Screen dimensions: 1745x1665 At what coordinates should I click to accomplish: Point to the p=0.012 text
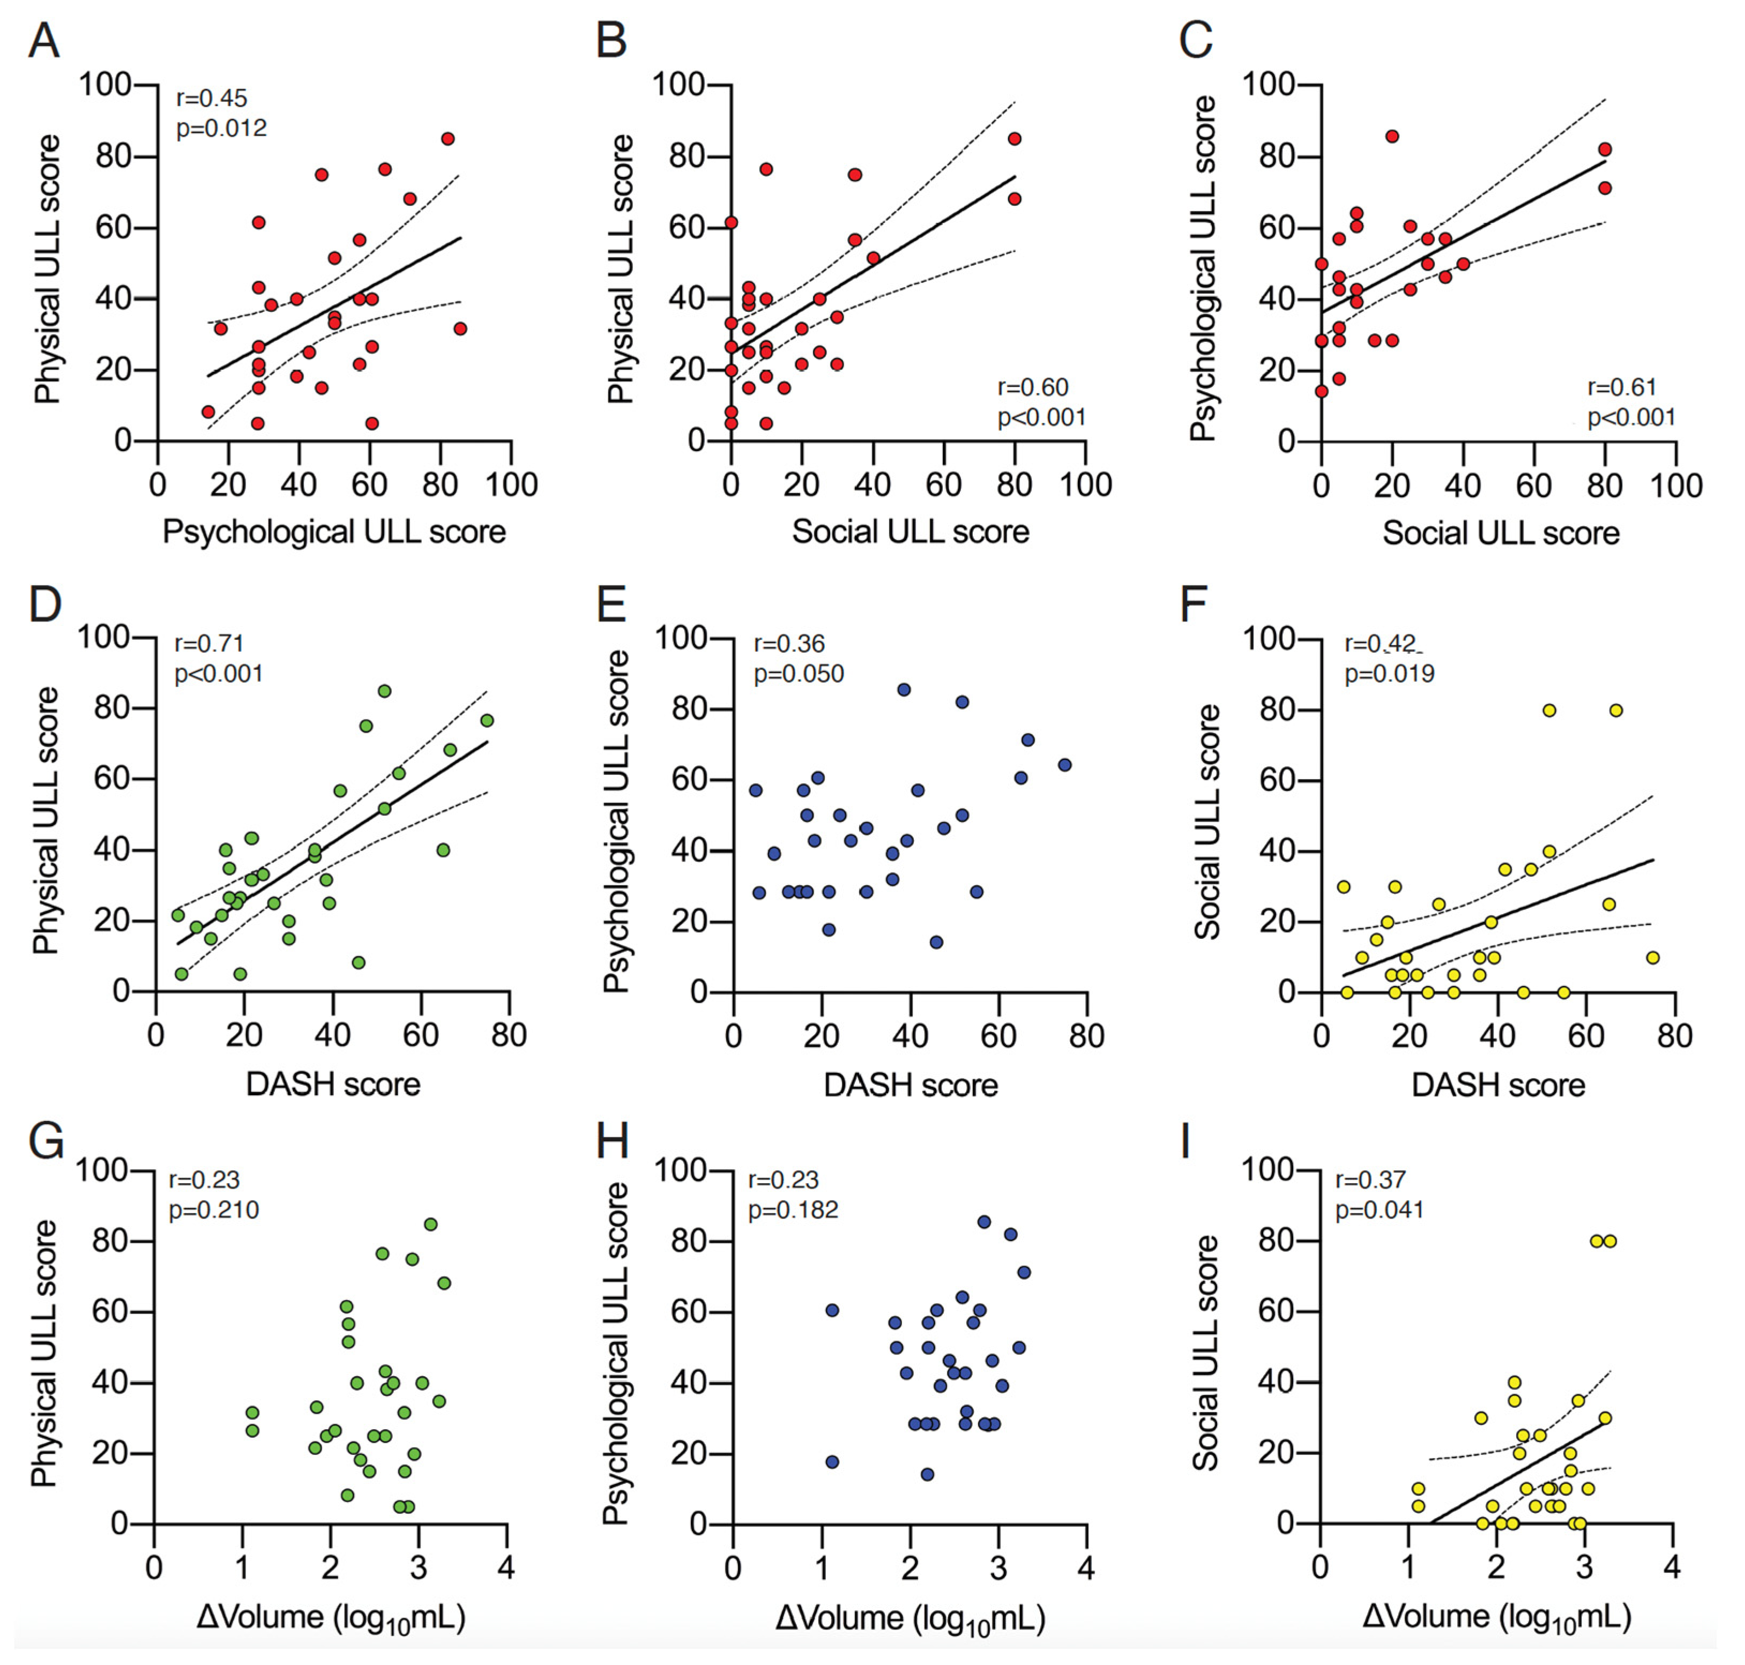tap(221, 129)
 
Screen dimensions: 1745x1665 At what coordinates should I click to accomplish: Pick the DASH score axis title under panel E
tap(911, 1085)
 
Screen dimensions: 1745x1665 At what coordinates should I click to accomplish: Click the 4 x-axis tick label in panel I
tap(1672, 1567)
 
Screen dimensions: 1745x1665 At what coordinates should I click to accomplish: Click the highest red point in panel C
tap(1392, 136)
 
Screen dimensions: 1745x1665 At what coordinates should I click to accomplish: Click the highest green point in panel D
tap(384, 691)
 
